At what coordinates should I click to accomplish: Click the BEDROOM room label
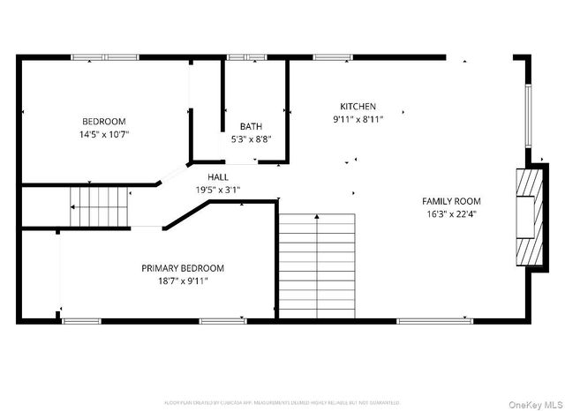coord(104,122)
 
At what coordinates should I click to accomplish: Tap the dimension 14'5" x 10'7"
coord(104,135)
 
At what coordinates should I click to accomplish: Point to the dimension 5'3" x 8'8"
coord(251,139)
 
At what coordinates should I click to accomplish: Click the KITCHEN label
coord(358,106)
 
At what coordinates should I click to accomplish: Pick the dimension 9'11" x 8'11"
coord(358,119)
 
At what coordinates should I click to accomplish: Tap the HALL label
coord(218,177)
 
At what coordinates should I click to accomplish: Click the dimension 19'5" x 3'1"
coord(218,190)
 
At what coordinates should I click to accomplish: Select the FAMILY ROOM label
coord(451,201)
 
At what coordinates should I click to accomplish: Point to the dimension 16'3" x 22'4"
coord(451,214)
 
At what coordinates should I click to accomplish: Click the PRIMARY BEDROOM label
coord(183,268)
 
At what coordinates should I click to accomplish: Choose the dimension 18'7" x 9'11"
coord(183,281)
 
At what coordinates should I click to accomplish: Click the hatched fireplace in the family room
coord(527,214)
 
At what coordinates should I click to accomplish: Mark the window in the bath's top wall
coord(247,57)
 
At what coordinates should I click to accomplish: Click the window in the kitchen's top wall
coord(334,57)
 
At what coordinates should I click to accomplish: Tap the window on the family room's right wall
coord(530,115)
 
